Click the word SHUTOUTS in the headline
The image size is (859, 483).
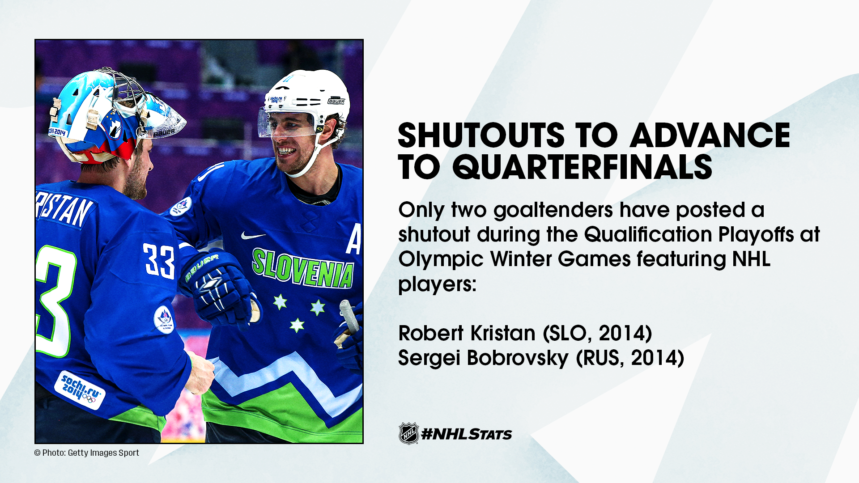coord(481,135)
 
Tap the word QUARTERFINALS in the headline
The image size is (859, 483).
coord(582,167)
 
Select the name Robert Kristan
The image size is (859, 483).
coord(467,333)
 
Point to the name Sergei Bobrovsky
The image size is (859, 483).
coord(483,358)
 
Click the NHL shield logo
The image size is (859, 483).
coord(408,433)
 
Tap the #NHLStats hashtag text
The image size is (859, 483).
coord(467,434)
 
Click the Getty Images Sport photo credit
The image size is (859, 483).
coord(87,453)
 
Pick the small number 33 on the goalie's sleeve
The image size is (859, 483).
coord(159,261)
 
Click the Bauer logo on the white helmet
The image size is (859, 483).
coord(336,101)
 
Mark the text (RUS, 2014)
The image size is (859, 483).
coord(630,358)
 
